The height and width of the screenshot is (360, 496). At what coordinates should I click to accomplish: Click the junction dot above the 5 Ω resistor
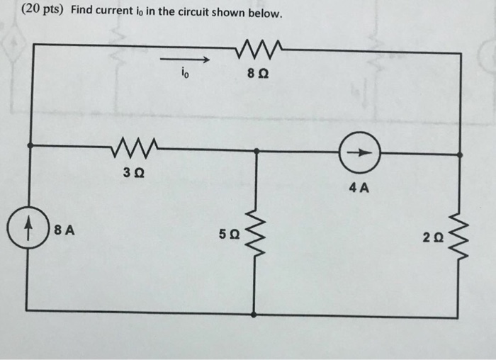coord(256,151)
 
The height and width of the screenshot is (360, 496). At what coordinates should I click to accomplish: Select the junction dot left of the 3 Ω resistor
coord(29,145)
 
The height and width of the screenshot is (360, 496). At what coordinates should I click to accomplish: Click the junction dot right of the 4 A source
coord(461,153)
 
